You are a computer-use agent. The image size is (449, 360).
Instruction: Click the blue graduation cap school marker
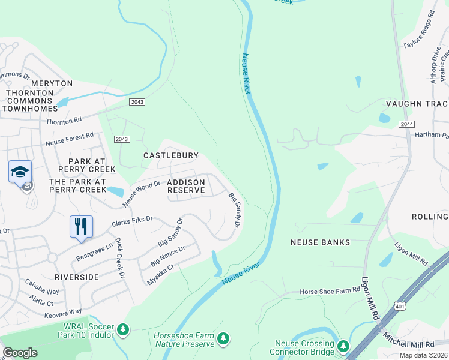pyautogui.click(x=20, y=172)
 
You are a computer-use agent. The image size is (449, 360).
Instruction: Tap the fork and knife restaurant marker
pyautogui.click(x=81, y=227)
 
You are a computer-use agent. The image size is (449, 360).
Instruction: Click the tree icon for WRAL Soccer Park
pyautogui.click(x=123, y=329)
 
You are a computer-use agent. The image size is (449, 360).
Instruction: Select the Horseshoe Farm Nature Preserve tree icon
pyautogui.click(x=223, y=339)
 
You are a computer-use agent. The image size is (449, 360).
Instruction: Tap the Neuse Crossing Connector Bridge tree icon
pyautogui.click(x=343, y=346)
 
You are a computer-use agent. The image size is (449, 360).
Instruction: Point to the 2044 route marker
pyautogui.click(x=406, y=124)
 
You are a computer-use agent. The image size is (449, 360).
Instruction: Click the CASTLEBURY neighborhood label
pyautogui.click(x=171, y=155)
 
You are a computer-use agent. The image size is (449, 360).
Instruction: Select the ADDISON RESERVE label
pyautogui.click(x=187, y=186)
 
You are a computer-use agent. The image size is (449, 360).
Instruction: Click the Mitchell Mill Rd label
pyautogui.click(x=409, y=344)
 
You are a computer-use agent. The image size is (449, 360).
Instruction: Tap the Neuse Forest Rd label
pyautogui.click(x=70, y=140)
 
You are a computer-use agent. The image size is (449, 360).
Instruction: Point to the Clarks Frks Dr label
pyautogui.click(x=133, y=223)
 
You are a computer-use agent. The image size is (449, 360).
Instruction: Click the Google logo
pyautogui.click(x=20, y=353)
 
